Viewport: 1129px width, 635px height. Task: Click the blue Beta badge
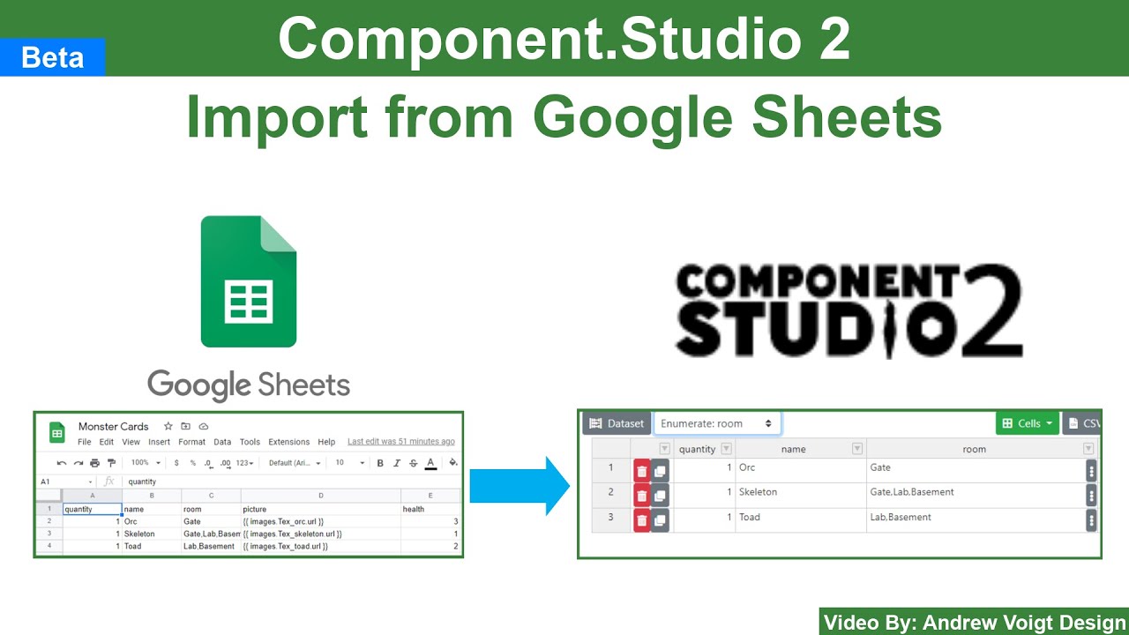pos(53,57)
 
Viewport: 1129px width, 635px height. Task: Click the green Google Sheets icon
pos(249,281)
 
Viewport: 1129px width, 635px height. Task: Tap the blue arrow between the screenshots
pos(520,486)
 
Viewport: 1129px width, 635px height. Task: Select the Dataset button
pos(617,423)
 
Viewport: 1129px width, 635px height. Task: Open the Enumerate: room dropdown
pos(717,423)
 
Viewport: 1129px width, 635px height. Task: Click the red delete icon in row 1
pos(641,471)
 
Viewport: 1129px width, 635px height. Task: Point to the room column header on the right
pos(974,449)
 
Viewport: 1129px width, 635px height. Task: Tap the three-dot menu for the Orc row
pos(1091,471)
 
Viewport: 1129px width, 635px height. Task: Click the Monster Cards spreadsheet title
pos(114,426)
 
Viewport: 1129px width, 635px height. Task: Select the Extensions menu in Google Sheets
pos(289,442)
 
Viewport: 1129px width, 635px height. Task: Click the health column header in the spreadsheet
pos(414,509)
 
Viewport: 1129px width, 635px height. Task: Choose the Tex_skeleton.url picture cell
pos(292,534)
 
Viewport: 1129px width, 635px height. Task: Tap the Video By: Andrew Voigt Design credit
pos(975,623)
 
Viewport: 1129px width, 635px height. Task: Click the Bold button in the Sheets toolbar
pos(380,463)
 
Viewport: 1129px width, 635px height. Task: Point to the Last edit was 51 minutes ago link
pos(401,442)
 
